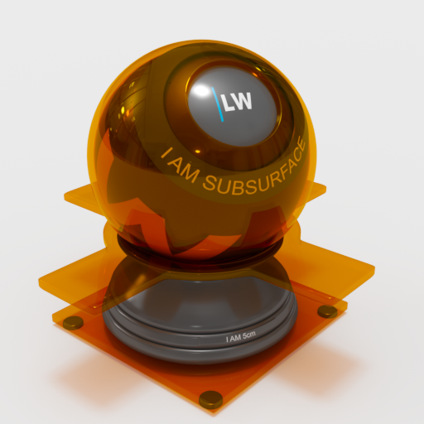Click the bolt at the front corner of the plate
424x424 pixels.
pyautogui.click(x=211, y=398)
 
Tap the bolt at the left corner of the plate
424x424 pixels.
pyautogui.click(x=74, y=322)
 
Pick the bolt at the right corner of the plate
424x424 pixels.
pyautogui.click(x=328, y=311)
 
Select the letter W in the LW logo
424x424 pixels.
pyautogui.click(x=244, y=102)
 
